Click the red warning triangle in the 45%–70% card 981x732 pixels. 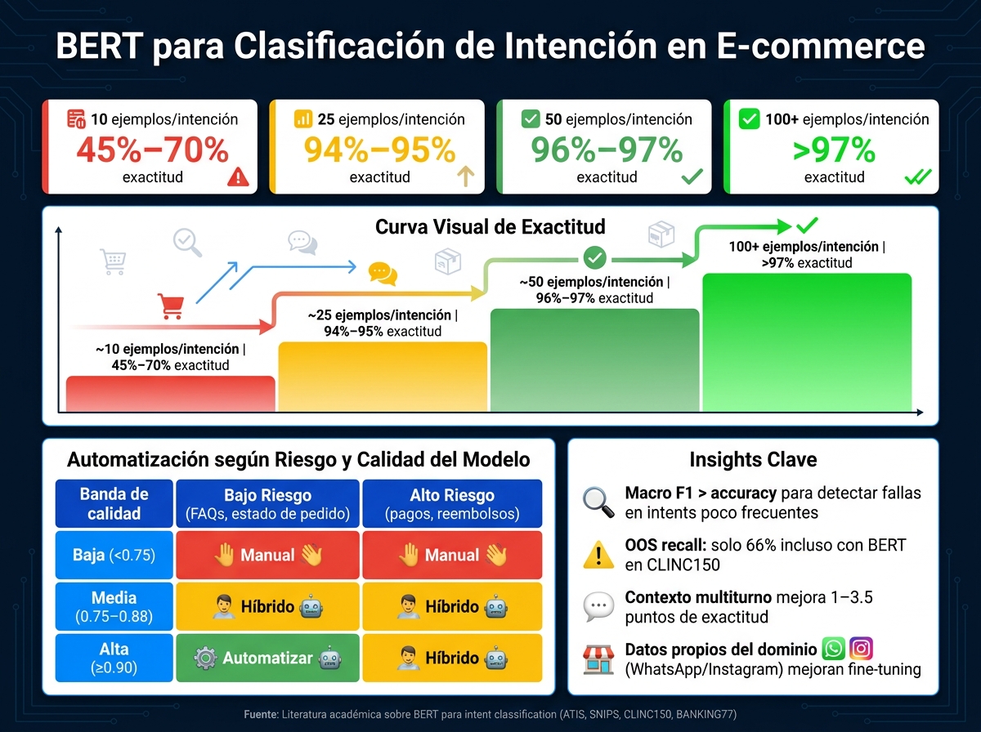tap(238, 176)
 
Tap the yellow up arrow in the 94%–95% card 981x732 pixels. tap(466, 176)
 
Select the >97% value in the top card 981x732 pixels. tap(834, 150)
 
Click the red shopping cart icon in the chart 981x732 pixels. tap(171, 306)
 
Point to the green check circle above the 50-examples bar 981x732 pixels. tap(595, 257)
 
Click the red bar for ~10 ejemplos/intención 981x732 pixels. tap(171, 394)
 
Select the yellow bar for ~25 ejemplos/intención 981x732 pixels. tap(383, 377)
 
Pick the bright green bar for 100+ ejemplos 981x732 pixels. tap(807, 342)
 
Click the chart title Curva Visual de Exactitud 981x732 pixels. tap(490, 227)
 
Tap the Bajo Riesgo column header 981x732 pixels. tap(267, 503)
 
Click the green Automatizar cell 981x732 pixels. tap(267, 658)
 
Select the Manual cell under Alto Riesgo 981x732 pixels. tap(452, 556)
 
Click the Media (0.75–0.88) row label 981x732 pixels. tap(114, 606)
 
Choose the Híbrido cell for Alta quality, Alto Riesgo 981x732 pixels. tap(452, 658)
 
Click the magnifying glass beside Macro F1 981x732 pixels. tap(598, 502)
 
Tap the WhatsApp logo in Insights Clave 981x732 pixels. tap(834, 649)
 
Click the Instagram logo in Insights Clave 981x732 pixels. tap(861, 649)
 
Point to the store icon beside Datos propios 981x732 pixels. tap(598, 659)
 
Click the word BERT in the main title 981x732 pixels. tap(99, 46)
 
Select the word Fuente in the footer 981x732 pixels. tap(261, 715)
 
